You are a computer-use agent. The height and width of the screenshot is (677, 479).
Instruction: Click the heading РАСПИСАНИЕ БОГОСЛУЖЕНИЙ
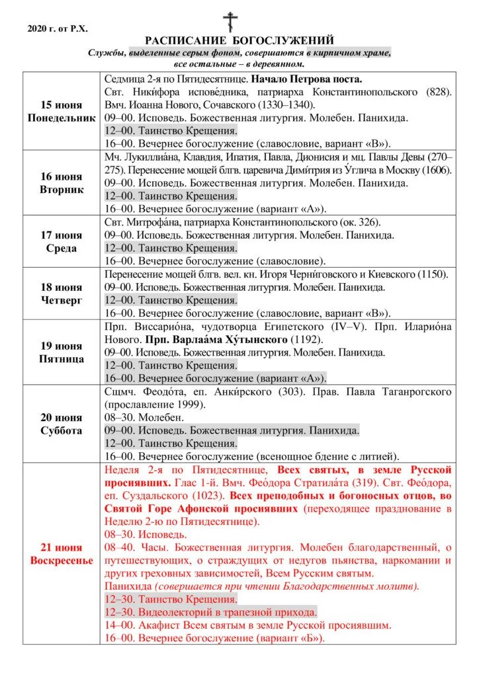pyautogui.click(x=239, y=41)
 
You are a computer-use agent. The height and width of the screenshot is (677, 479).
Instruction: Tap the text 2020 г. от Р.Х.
pyautogui.click(x=58, y=28)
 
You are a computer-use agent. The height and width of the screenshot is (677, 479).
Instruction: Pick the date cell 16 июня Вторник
pyautogui.click(x=61, y=183)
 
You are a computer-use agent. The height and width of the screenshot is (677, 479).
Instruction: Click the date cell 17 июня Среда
pyautogui.click(x=61, y=241)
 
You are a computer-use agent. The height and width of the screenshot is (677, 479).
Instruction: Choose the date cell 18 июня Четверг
pyautogui.click(x=61, y=294)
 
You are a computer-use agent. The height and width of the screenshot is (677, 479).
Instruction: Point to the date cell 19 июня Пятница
pyautogui.click(x=61, y=352)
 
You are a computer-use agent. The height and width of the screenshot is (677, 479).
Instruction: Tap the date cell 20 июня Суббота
pyautogui.click(x=61, y=424)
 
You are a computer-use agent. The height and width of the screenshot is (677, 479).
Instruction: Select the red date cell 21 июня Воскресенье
pyautogui.click(x=61, y=554)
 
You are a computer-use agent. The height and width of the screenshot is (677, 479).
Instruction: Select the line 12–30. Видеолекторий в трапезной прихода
pyautogui.click(x=210, y=612)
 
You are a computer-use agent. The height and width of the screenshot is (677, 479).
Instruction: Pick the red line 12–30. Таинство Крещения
pyautogui.click(x=171, y=599)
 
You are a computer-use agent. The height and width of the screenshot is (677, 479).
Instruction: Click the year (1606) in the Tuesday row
pyautogui.click(x=436, y=170)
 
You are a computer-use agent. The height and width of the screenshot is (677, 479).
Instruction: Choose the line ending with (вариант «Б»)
pyautogui.click(x=216, y=638)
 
